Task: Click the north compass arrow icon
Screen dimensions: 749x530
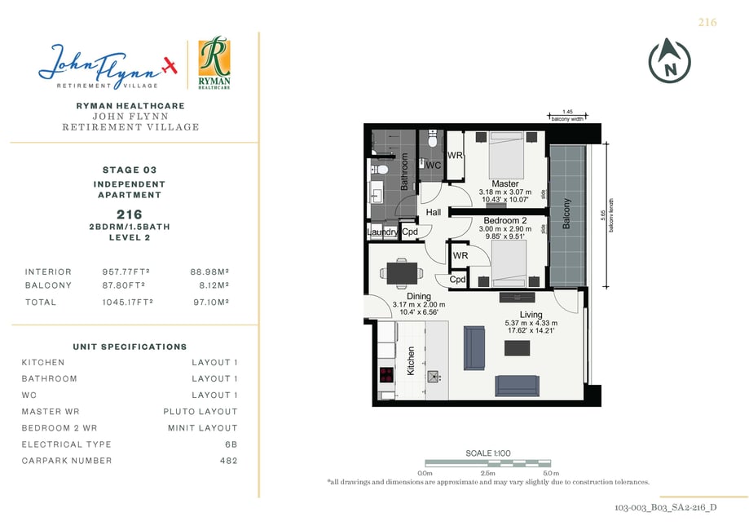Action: [x=669, y=60]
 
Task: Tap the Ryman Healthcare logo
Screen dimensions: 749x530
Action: [x=214, y=62]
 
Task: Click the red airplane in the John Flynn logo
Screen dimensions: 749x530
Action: [x=169, y=65]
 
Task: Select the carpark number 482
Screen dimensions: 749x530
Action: [x=228, y=461]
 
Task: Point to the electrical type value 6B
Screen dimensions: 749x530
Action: [x=231, y=444]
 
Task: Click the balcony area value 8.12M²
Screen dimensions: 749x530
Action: [x=214, y=285]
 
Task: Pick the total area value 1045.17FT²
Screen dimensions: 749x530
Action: [x=127, y=302]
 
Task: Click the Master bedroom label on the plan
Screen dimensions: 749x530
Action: [x=505, y=183]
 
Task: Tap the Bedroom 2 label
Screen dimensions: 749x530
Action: [x=505, y=220]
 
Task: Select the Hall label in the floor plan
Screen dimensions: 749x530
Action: [x=434, y=212]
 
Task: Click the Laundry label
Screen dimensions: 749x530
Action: [x=382, y=232]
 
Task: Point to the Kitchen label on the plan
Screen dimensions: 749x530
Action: [x=410, y=361]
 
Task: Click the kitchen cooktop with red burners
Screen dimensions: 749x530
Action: [x=386, y=375]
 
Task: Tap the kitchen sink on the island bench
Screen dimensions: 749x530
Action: [x=434, y=377]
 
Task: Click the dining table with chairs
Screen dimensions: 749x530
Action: [x=402, y=273]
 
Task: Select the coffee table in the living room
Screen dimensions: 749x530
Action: [x=517, y=347]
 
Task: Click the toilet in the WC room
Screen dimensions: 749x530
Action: [x=433, y=139]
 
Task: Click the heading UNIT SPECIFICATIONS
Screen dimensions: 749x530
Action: [x=130, y=347]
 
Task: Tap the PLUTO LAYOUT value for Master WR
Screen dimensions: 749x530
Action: [x=200, y=412]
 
